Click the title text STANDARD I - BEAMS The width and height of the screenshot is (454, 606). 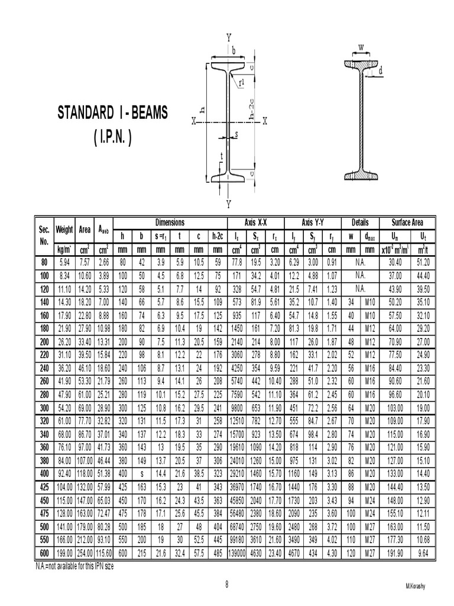click(x=112, y=113)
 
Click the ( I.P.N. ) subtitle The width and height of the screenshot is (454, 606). click(x=112, y=138)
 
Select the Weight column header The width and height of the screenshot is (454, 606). click(x=64, y=229)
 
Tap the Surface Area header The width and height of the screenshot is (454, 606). click(x=407, y=223)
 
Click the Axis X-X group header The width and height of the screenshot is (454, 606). click(x=255, y=223)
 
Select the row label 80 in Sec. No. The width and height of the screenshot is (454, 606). click(x=44, y=262)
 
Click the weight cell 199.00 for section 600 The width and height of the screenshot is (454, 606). click(x=64, y=553)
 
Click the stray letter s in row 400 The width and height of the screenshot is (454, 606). click(x=141, y=473)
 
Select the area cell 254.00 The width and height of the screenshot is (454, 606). click(x=84, y=553)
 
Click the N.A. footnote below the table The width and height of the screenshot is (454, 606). click(x=73, y=565)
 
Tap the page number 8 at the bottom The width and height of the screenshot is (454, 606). click(x=226, y=584)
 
